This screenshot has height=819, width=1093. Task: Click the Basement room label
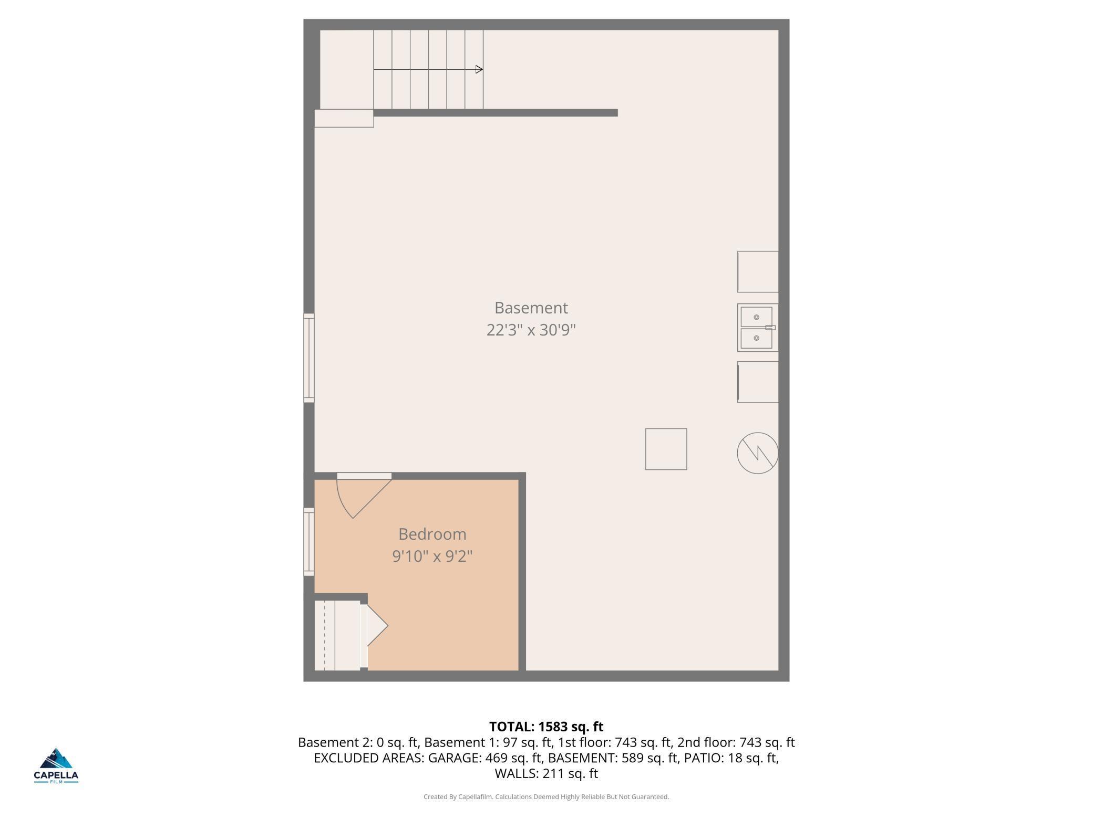(531, 308)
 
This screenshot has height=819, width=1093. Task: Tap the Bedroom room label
(432, 534)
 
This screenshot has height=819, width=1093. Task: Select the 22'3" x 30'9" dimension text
(531, 330)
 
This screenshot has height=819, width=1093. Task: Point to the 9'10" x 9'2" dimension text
(432, 556)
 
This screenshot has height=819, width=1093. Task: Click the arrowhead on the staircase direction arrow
(479, 69)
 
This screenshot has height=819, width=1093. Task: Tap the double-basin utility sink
(757, 328)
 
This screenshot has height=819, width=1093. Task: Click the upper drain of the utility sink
(756, 318)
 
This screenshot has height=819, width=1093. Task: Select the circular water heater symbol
(757, 453)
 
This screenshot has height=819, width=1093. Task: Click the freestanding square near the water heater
(666, 449)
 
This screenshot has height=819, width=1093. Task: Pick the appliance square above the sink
(758, 271)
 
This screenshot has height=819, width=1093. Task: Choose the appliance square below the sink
(758, 382)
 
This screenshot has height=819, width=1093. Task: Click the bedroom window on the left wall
(309, 542)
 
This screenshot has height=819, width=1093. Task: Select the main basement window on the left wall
(309, 358)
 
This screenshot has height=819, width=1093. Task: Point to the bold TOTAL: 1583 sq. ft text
(546, 727)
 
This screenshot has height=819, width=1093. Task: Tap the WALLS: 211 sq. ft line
(546, 773)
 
